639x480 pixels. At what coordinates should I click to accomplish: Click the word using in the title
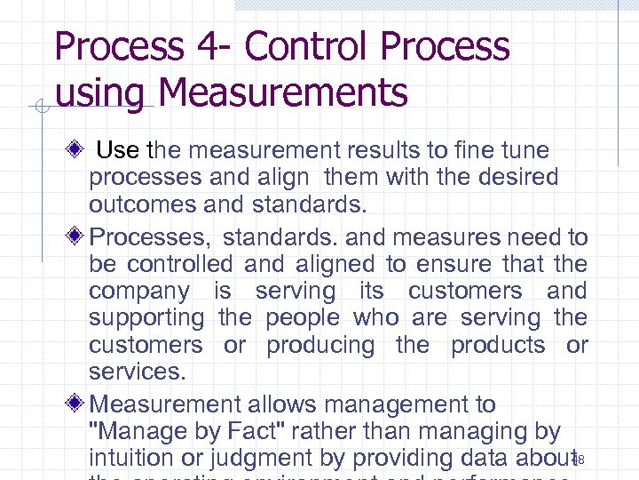(x=98, y=93)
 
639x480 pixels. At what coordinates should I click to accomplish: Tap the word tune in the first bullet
(x=525, y=150)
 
